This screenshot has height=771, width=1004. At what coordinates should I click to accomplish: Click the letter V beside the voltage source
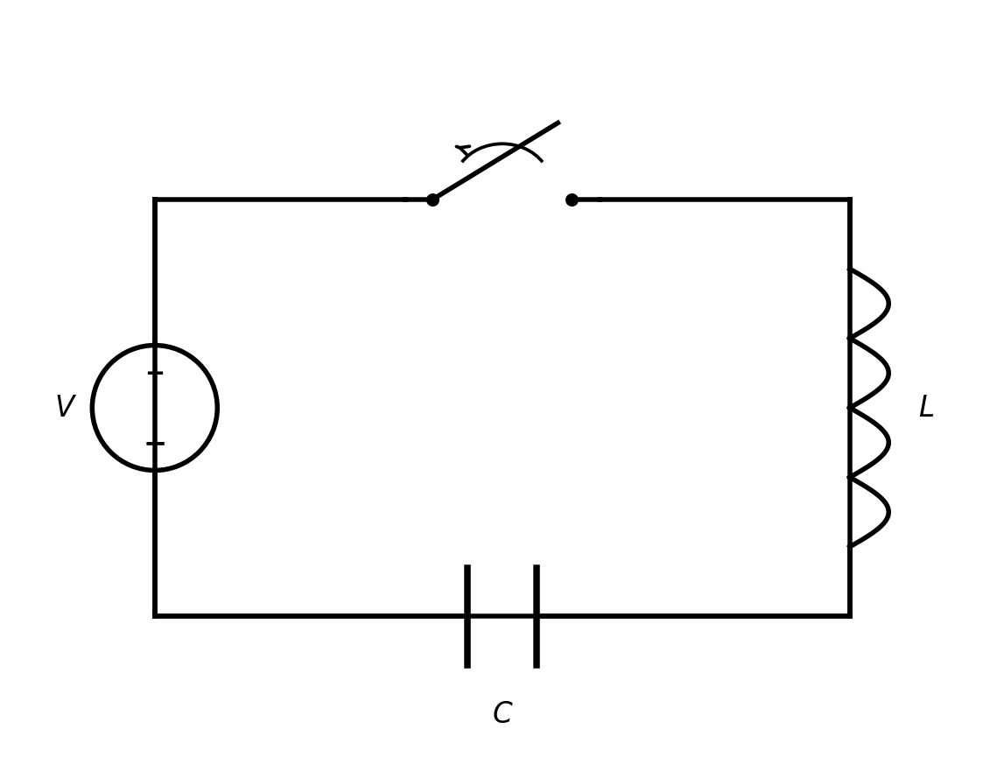[x=66, y=406]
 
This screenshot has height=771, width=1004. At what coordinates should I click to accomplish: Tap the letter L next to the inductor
[x=926, y=406]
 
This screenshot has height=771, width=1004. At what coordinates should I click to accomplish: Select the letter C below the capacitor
[x=502, y=712]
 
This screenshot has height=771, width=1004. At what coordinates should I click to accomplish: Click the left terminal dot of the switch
[x=432, y=200]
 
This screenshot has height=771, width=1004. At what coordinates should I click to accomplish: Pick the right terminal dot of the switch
[x=572, y=200]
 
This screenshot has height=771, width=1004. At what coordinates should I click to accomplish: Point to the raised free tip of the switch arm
[x=559, y=121]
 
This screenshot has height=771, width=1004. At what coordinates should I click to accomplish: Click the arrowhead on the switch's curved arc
[x=462, y=152]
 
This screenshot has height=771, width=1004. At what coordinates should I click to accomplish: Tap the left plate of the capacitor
[x=467, y=616]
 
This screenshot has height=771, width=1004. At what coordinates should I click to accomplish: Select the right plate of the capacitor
[x=537, y=616]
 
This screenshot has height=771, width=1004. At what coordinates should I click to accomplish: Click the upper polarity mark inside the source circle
[x=155, y=373]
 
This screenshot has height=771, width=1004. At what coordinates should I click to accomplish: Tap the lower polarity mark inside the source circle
[x=155, y=443]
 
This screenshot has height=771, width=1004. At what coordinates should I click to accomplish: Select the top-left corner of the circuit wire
[x=155, y=200]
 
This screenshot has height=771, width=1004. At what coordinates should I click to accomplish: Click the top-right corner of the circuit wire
[x=850, y=200]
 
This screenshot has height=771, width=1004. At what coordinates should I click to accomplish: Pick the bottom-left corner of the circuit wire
[x=155, y=616]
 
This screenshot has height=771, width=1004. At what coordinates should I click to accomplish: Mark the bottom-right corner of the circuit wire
[x=850, y=616]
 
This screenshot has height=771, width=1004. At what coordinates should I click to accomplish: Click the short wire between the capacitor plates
[x=502, y=616]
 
